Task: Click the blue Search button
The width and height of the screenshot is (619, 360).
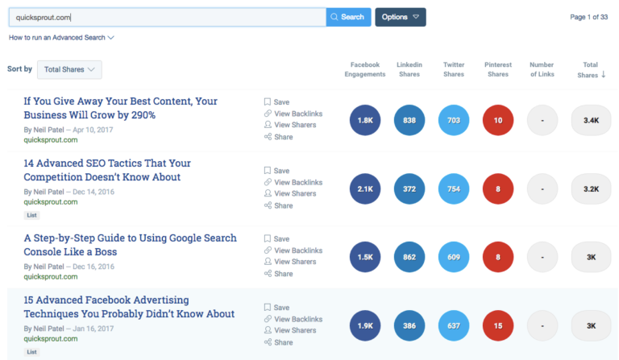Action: pyautogui.click(x=348, y=17)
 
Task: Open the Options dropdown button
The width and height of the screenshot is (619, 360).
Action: pyautogui.click(x=400, y=17)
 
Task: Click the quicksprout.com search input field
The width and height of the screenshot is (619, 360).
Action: pyautogui.click(x=168, y=17)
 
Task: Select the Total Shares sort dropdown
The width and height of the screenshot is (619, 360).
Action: pyautogui.click(x=69, y=70)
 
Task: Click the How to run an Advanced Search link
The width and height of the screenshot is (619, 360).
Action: pyautogui.click(x=61, y=38)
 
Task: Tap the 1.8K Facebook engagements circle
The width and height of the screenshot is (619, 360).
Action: pyautogui.click(x=364, y=121)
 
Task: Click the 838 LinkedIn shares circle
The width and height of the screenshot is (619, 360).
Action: pyautogui.click(x=409, y=121)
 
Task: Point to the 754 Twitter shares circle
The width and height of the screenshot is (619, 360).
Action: pyautogui.click(x=454, y=189)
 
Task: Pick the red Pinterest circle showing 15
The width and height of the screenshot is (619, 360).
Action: pyautogui.click(x=498, y=326)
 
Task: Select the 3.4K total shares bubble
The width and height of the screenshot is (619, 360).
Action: pyautogui.click(x=591, y=121)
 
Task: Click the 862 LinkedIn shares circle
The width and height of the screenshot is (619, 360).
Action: pyautogui.click(x=409, y=258)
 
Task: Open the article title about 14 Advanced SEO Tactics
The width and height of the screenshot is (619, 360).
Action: pyautogui.click(x=107, y=170)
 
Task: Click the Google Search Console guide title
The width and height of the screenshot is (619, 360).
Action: pyautogui.click(x=130, y=245)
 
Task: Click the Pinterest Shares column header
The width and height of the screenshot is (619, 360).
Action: pyautogui.click(x=498, y=69)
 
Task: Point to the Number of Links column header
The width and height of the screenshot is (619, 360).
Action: pyautogui.click(x=542, y=69)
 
